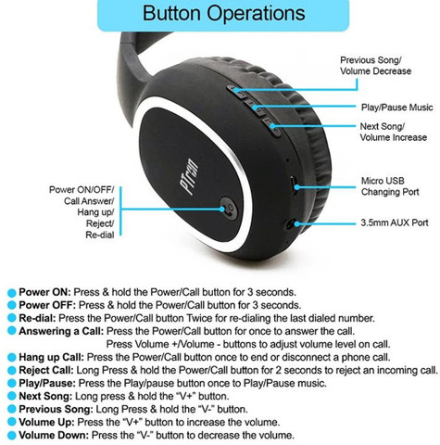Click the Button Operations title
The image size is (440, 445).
pyautogui.click(x=223, y=13)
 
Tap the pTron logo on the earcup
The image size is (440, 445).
pyautogui.click(x=189, y=177)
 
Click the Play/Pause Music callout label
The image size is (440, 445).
pyautogui.click(x=396, y=108)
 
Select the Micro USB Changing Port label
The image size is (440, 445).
pyautogui.click(x=390, y=186)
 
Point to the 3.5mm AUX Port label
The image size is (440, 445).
pyautogui.click(x=395, y=222)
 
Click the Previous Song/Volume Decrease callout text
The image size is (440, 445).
pyautogui.click(x=375, y=66)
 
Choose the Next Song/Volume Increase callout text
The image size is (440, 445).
pyautogui.click(x=394, y=132)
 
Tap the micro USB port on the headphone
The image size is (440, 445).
pyautogui.click(x=293, y=185)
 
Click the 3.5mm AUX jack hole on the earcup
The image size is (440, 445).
pyautogui.click(x=290, y=223)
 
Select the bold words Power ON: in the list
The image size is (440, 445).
pyautogui.click(x=45, y=292)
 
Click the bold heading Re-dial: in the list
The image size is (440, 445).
pyautogui.click(x=37, y=318)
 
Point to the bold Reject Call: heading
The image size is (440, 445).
pyautogui.click(x=46, y=370)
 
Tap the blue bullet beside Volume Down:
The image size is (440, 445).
pyautogui.click(x=11, y=436)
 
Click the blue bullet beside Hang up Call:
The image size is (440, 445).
pyautogui.click(x=11, y=358)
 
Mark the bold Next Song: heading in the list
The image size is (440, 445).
pyautogui.click(x=45, y=396)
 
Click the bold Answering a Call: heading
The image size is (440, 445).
pyautogui.click(x=61, y=331)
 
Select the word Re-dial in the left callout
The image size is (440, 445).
pyautogui.click(x=100, y=235)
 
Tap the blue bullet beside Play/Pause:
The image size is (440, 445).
pyautogui.click(x=11, y=384)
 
